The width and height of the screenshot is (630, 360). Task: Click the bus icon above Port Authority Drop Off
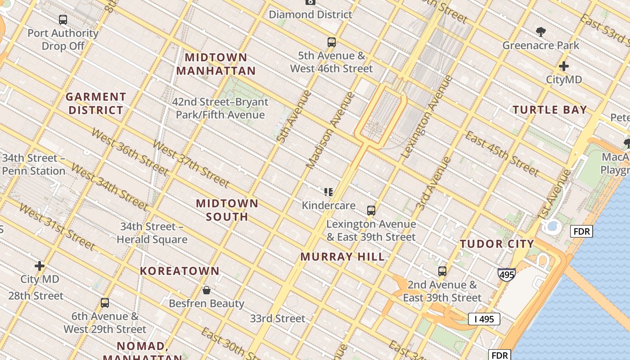tap(63, 20)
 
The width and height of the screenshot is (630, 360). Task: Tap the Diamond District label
tap(310, 14)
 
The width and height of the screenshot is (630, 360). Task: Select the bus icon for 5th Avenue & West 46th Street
tap(332, 42)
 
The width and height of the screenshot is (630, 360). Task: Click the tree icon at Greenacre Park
tap(541, 31)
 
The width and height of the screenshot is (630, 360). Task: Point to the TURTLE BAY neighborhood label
tap(550, 110)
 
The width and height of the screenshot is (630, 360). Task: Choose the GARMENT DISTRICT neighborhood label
tap(96, 103)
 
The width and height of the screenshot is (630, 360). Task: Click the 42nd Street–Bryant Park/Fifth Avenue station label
tap(220, 108)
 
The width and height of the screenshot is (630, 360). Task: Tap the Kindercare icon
tap(328, 192)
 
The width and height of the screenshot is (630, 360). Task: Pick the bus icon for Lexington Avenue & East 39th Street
tap(371, 211)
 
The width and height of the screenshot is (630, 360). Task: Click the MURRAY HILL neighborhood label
tap(342, 257)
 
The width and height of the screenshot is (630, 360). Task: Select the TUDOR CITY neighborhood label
tap(497, 244)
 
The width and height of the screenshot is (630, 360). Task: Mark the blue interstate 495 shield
tap(506, 274)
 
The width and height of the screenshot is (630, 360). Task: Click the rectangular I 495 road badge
tap(484, 319)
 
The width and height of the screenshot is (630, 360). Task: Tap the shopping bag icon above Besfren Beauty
tap(207, 290)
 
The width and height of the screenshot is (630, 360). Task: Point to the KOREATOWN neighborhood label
tap(180, 271)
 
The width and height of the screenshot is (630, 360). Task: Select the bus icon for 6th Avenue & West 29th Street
tap(105, 303)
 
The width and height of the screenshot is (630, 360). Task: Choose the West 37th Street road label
tap(191, 163)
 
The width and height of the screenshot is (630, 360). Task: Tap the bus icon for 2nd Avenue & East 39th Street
tap(442, 271)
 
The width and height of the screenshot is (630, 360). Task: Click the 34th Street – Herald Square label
tap(152, 233)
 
